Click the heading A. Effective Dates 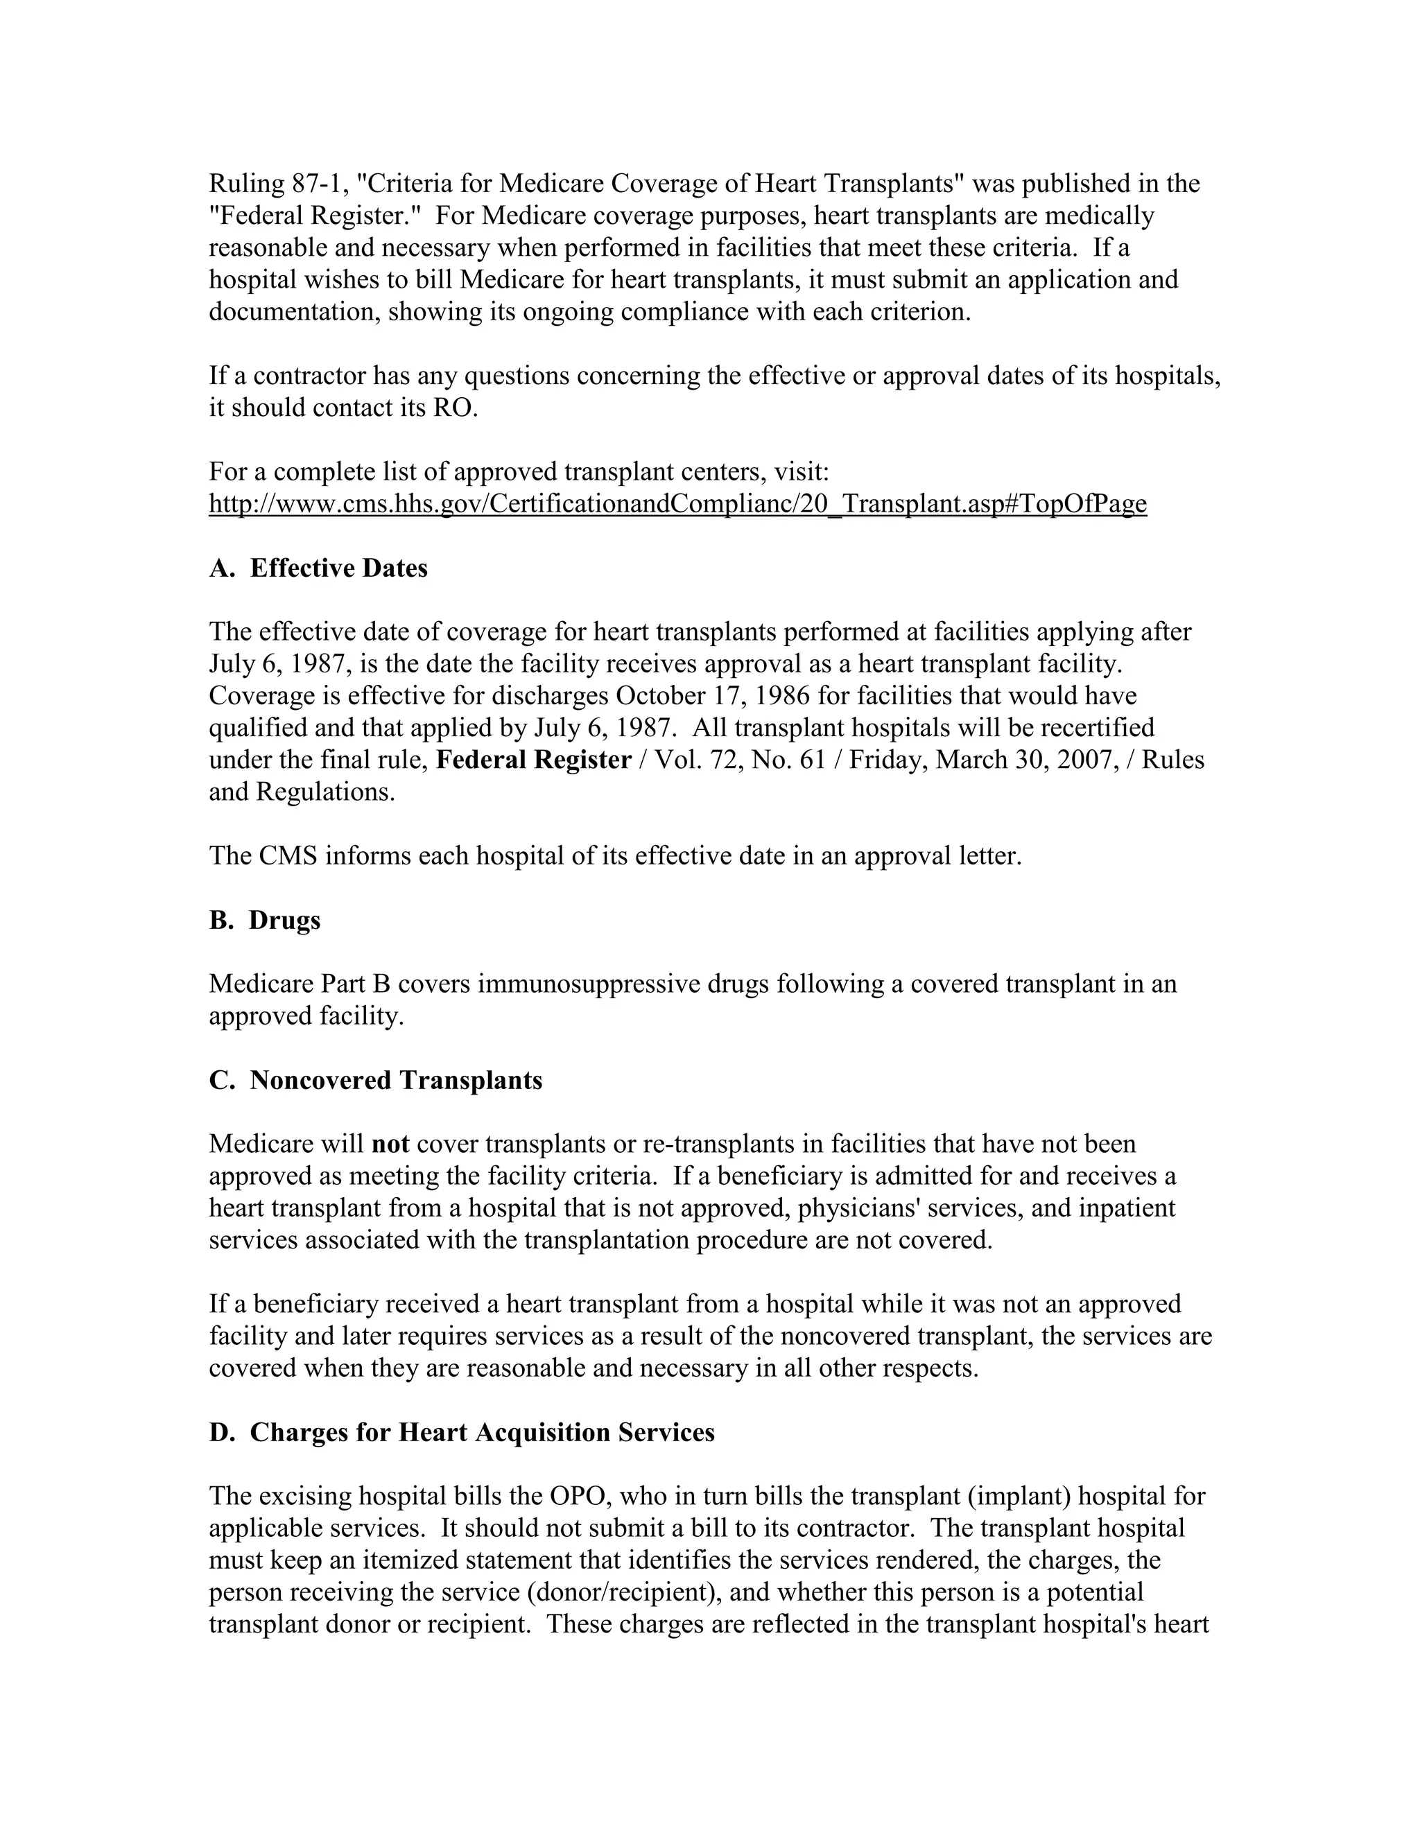click(318, 568)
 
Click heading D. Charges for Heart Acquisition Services click(462, 1431)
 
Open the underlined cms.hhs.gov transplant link click(677, 504)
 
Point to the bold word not click(390, 1144)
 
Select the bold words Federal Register click(534, 760)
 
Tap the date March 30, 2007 click(1025, 760)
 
